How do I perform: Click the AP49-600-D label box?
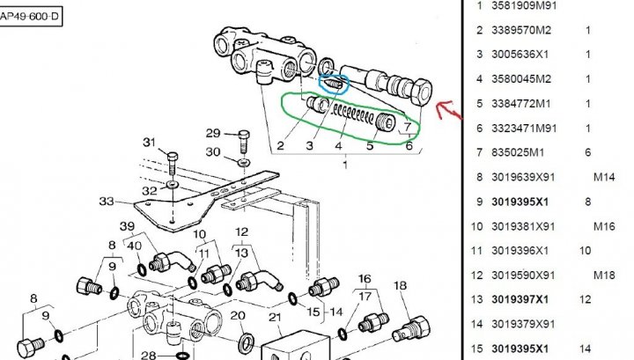point(31,17)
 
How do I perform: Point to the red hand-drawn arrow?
point(449,110)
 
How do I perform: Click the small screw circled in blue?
point(333,84)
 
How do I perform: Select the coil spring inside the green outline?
point(353,114)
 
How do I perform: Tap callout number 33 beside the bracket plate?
point(107,201)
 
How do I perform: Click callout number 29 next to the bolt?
point(213,133)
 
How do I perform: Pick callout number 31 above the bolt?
point(149,143)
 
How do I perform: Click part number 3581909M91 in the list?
point(524,5)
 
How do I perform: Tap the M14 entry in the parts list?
point(604,177)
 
